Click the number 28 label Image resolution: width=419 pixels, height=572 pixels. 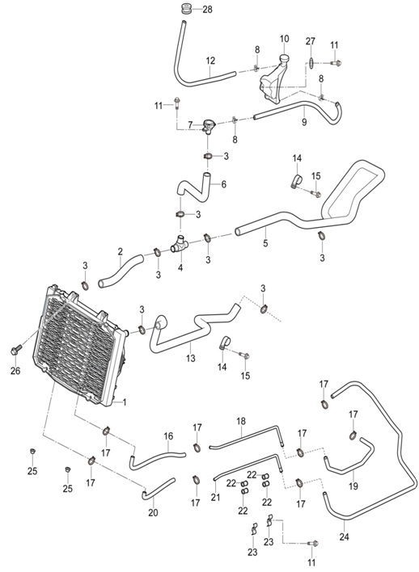click(x=207, y=10)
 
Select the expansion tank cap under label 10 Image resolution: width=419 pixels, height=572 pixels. click(x=284, y=59)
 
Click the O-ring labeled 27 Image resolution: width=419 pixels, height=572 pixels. click(x=311, y=63)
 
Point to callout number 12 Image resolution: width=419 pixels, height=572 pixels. click(x=210, y=61)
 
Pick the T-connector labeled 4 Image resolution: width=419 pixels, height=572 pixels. click(x=180, y=246)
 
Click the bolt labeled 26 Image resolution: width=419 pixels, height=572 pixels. click(x=15, y=351)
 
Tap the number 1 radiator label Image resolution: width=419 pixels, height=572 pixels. click(x=125, y=402)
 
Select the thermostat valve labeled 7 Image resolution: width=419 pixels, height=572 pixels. click(x=208, y=127)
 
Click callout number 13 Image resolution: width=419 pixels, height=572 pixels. click(x=191, y=358)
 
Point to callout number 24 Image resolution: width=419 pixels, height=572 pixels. click(x=344, y=536)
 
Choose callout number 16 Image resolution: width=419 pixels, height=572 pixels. click(x=168, y=436)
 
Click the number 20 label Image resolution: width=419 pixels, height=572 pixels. click(x=153, y=512)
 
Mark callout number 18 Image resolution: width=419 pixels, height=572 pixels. click(x=241, y=422)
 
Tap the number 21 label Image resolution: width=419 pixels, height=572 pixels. click(x=215, y=497)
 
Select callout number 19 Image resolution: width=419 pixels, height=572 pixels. click(x=353, y=486)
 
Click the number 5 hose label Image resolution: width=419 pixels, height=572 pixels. click(x=265, y=242)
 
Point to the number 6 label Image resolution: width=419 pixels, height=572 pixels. click(x=223, y=184)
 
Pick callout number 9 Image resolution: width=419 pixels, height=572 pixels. click(x=304, y=122)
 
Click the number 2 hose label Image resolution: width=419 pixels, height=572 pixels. click(x=121, y=251)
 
